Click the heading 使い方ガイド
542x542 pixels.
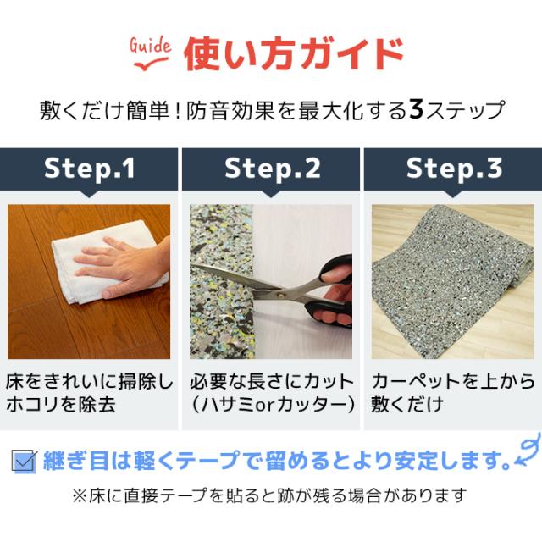(293, 54)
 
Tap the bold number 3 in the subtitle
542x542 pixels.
(416, 110)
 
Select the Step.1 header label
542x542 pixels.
(90, 169)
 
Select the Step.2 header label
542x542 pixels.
(272, 169)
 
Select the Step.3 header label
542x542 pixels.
(454, 169)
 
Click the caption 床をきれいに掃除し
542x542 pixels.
(89, 381)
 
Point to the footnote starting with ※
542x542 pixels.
(271, 495)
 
